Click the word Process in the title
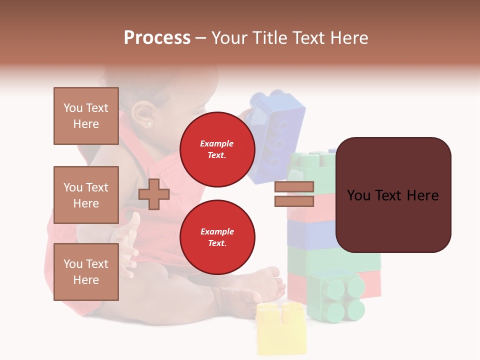click(x=157, y=38)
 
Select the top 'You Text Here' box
click(x=86, y=116)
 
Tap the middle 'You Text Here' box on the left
click(x=86, y=195)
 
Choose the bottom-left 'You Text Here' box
click(x=86, y=272)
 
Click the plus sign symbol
click(x=154, y=194)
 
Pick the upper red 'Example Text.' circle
click(x=217, y=149)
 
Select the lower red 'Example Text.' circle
click(x=217, y=237)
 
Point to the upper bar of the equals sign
click(x=294, y=186)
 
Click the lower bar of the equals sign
click(x=294, y=201)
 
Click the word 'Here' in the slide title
click(x=349, y=38)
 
